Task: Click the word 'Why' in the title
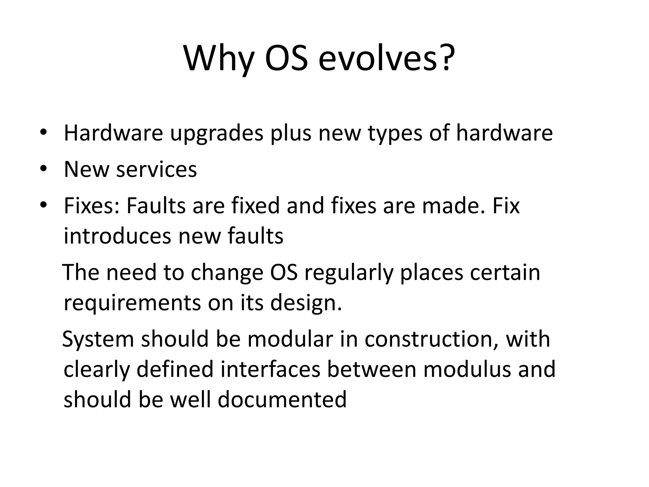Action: point(219,59)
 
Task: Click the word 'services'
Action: point(156,169)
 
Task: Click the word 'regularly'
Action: point(348,273)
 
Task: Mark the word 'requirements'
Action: point(132,303)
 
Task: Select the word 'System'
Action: point(98,339)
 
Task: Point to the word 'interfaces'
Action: point(270,369)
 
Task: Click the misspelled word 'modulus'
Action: point(467,369)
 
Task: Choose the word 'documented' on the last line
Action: point(282,399)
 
